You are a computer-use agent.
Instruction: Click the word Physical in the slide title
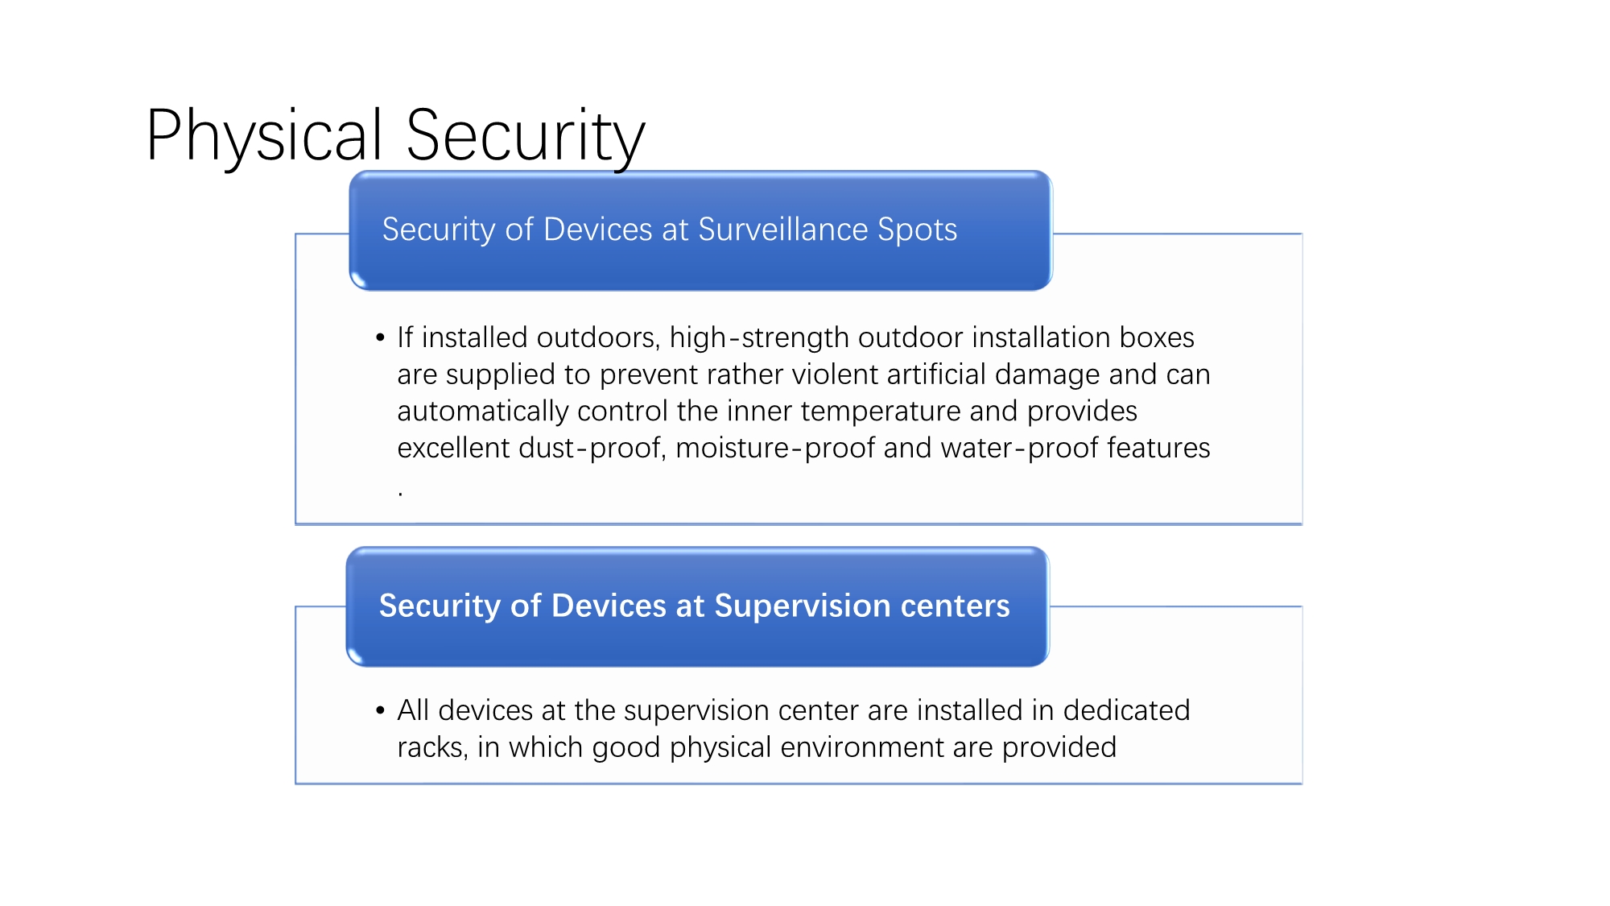pyautogui.click(x=264, y=136)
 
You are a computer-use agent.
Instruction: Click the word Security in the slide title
pyautogui.click(x=526, y=136)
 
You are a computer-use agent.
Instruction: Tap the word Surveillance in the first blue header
pyautogui.click(x=783, y=230)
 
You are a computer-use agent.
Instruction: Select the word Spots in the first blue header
pyautogui.click(x=918, y=230)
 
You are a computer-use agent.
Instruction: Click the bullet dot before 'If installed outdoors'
pyautogui.click(x=380, y=337)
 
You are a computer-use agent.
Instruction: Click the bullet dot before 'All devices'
pyautogui.click(x=380, y=710)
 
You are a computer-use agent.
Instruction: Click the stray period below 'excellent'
pyautogui.click(x=400, y=493)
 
